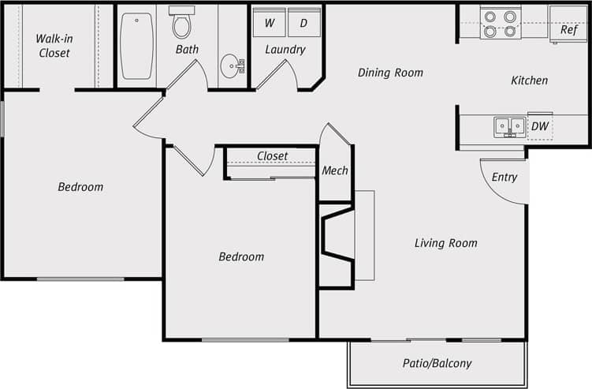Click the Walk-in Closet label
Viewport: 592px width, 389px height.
click(x=54, y=46)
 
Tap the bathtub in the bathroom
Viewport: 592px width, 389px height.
click(x=136, y=46)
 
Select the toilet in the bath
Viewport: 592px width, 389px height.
click(x=182, y=23)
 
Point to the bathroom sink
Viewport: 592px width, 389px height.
click(x=232, y=65)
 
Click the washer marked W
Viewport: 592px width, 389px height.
click(x=269, y=23)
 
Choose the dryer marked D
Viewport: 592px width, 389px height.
click(x=303, y=23)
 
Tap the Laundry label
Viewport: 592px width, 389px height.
click(x=285, y=50)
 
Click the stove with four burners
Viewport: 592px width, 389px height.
click(x=501, y=24)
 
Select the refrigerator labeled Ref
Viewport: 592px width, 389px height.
click(x=568, y=30)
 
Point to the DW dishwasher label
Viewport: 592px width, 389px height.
click(x=539, y=126)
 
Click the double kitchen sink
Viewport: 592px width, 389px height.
click(x=509, y=126)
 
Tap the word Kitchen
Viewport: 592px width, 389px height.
click(x=529, y=80)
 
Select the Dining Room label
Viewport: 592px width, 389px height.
click(x=390, y=73)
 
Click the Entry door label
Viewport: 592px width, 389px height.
click(x=505, y=178)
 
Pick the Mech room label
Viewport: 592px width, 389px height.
click(x=335, y=170)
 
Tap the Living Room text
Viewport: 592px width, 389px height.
click(x=445, y=243)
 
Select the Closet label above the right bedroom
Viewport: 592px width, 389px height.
click(x=272, y=156)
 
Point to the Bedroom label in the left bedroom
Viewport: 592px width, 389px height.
click(x=80, y=187)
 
